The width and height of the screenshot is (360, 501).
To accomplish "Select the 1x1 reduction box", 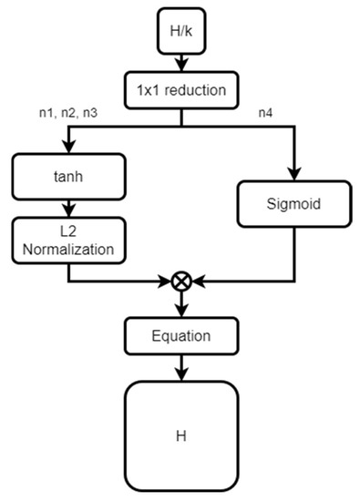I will pyautogui.click(x=181, y=90).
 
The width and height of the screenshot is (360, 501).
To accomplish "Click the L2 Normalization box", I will pyautogui.click(x=68, y=239).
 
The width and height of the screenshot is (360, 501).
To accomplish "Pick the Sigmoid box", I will pyautogui.click(x=293, y=203).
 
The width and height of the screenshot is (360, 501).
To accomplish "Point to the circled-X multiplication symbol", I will pyautogui.click(x=181, y=281).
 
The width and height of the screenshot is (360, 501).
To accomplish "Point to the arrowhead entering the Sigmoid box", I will pyautogui.click(x=293, y=174).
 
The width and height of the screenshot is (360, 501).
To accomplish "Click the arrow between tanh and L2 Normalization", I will pyautogui.click(x=68, y=205).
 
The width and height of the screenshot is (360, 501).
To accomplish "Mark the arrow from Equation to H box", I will pyautogui.click(x=181, y=366).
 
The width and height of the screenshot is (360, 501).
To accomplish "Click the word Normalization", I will pyautogui.click(x=68, y=247).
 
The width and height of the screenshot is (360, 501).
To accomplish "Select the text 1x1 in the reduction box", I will pyautogui.click(x=150, y=90).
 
